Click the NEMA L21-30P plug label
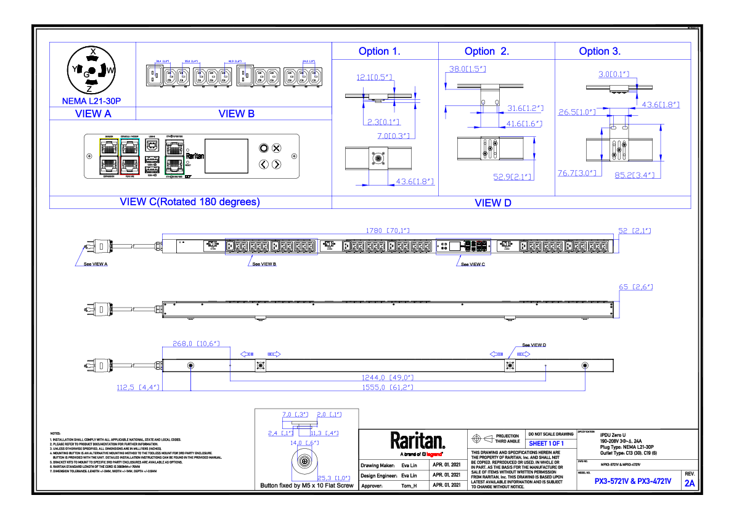91,100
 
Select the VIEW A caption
92,114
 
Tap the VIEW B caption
237,114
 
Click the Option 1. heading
379,51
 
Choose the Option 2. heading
487,51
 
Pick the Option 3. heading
600,51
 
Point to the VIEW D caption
492,202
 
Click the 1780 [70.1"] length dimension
388,231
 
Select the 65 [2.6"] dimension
635,287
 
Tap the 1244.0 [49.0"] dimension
388,377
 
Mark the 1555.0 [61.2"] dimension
388,387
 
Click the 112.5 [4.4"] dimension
138,387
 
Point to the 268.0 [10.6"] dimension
196,344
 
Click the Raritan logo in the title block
417,441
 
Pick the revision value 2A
690,483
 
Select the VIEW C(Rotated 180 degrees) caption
189,202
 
